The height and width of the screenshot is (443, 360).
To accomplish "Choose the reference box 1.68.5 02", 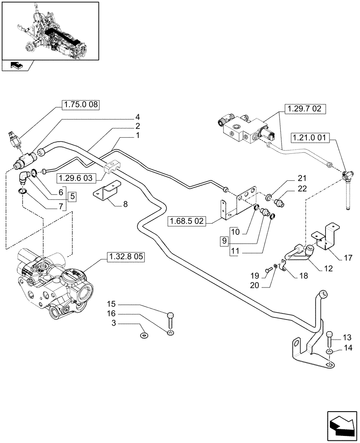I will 187,221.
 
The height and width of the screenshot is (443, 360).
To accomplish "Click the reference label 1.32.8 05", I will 125,257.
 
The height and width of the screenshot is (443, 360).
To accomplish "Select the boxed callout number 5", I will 72,195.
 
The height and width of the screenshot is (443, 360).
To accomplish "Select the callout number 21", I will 302,178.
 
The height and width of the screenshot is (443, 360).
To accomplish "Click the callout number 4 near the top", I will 137,118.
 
